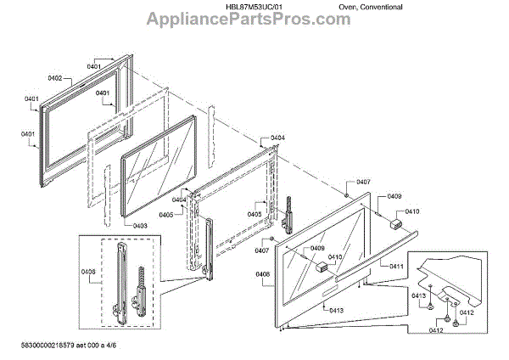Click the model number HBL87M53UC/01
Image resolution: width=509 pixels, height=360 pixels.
coord(251,6)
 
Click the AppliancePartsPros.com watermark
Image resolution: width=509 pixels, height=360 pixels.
coord(255,20)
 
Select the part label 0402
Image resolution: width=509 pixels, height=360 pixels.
coord(55,78)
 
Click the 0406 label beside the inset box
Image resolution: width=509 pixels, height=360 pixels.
coord(88,272)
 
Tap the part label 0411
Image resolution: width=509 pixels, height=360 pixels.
coord(396,267)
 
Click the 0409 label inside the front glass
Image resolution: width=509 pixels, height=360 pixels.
coord(316,248)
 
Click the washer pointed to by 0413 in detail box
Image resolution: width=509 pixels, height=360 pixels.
coord(432,303)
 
